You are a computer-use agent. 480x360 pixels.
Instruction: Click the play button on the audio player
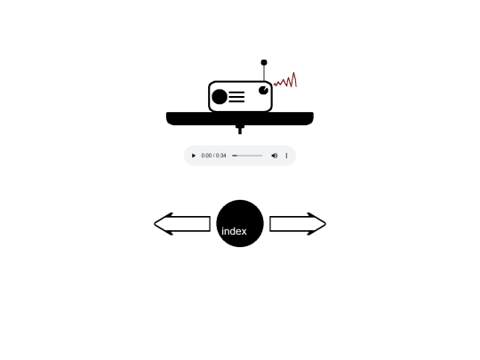[194, 156]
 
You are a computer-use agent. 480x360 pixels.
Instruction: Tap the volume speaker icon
[275, 156]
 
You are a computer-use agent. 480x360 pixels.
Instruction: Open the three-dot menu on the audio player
[286, 156]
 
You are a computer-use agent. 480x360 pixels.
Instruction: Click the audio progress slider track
[247, 156]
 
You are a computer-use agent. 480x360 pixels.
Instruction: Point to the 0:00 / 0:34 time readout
[213, 156]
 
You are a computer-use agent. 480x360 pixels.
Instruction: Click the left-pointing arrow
[182, 224]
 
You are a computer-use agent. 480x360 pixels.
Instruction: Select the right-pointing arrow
[298, 224]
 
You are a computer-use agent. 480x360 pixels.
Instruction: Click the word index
[234, 231]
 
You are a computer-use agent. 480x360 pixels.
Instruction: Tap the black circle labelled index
[240, 223]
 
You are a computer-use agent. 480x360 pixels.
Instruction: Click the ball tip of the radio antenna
[264, 62]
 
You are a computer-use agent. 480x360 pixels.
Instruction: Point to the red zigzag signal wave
[285, 81]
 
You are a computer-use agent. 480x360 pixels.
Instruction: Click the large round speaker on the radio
[220, 96]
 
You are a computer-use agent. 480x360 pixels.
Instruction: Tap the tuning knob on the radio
[264, 91]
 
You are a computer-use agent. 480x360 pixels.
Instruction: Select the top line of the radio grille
[236, 92]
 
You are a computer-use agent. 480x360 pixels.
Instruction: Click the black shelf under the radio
[240, 118]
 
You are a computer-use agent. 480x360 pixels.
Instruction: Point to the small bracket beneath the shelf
[240, 130]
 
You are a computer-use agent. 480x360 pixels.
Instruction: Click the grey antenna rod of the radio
[264, 73]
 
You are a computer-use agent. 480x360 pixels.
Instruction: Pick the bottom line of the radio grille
[236, 101]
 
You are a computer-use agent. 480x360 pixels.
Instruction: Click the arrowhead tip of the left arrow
[155, 224]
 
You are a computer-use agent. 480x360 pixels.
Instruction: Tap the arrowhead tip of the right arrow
[325, 224]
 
